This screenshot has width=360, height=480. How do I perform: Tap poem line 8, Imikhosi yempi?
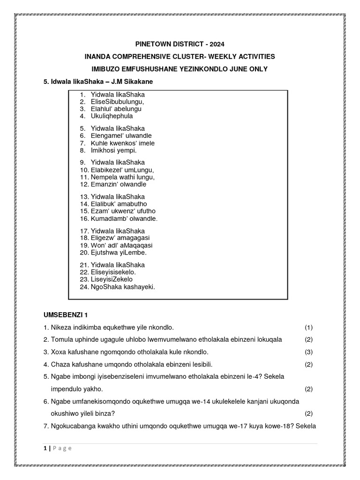coord(114,150)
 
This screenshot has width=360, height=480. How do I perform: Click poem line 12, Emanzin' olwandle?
coord(119,184)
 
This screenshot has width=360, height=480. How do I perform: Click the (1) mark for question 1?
coord(308,327)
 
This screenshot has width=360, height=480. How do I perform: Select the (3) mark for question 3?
coord(308,352)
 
